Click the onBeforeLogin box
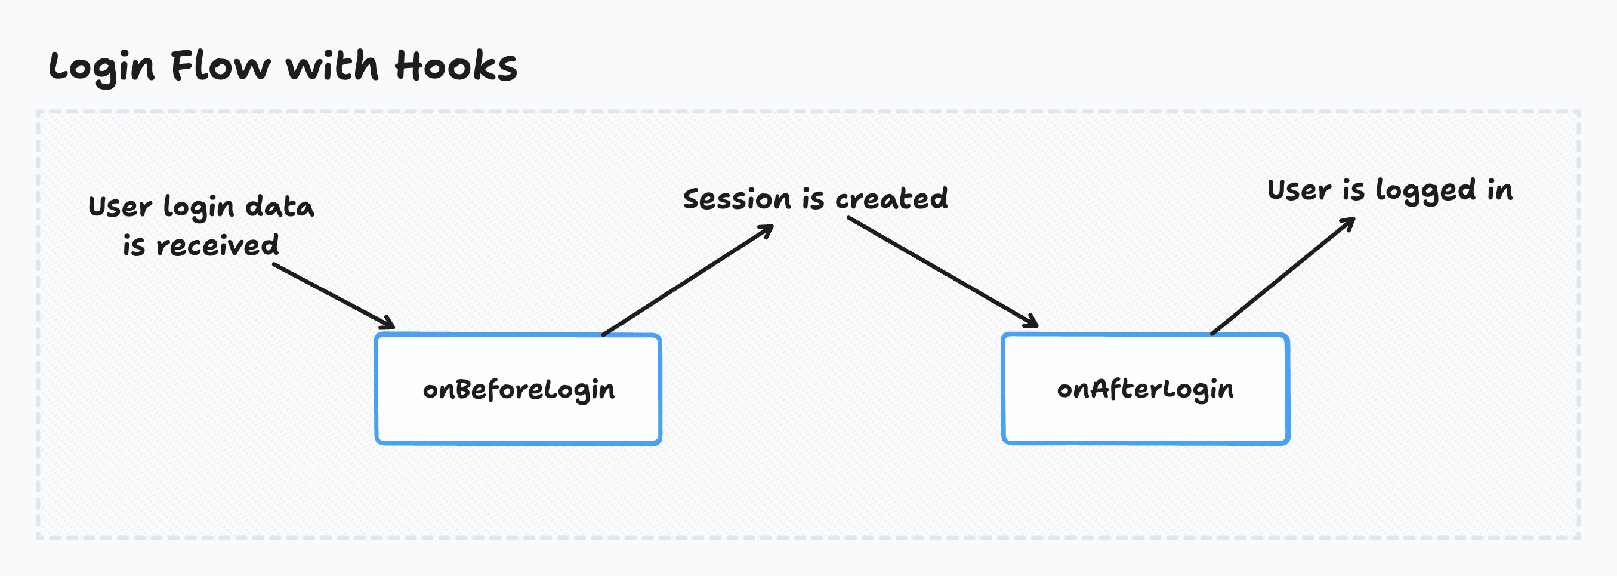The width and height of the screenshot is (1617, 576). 518,389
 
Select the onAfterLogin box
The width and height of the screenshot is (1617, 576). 1146,389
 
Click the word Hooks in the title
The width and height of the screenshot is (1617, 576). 456,66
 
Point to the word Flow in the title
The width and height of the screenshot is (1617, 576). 220,66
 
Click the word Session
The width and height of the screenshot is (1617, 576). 737,199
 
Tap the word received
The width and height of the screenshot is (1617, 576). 217,245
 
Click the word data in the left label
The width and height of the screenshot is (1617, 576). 279,207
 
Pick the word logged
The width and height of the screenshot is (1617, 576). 1425,191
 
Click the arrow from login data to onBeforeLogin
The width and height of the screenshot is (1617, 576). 333,296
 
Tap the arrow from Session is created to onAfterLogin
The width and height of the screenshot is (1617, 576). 942,272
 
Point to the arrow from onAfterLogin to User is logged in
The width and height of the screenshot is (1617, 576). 1282,276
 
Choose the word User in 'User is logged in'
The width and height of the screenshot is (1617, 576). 1299,190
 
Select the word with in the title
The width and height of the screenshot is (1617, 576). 333,66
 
